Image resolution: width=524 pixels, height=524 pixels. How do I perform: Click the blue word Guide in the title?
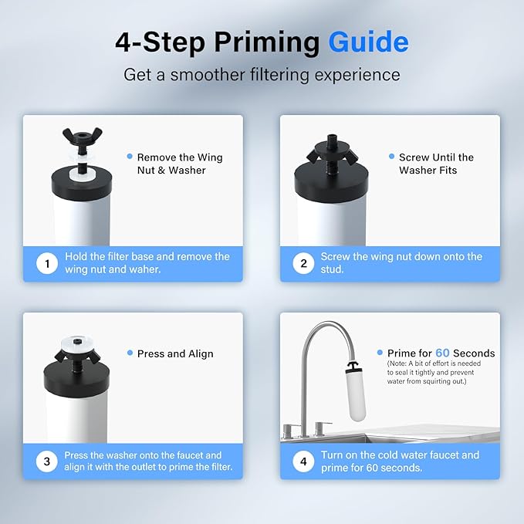point(368,42)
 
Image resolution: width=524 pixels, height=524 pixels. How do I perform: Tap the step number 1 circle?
point(47,263)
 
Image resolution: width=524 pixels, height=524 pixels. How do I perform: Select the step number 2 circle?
point(303,263)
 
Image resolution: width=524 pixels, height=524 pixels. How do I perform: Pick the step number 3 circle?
point(47,461)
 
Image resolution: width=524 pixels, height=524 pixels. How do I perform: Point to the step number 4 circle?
point(303,461)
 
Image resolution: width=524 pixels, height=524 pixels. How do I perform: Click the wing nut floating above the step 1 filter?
point(83,137)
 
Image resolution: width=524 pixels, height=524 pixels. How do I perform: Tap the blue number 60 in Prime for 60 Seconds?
point(442,353)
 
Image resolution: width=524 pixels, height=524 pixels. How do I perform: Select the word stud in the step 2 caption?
point(332,269)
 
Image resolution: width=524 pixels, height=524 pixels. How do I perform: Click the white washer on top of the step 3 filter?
point(77,344)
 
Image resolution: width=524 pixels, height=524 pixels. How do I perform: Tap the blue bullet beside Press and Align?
point(130,353)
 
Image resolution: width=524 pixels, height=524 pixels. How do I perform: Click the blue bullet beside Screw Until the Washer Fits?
point(392,156)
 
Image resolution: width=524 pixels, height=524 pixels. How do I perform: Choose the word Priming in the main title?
point(267,42)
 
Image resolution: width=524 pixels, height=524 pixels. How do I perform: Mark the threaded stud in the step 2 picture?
point(332,164)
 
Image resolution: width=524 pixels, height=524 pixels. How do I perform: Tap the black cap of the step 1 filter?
point(82,182)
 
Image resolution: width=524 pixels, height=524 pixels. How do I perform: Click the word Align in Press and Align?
point(201,354)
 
